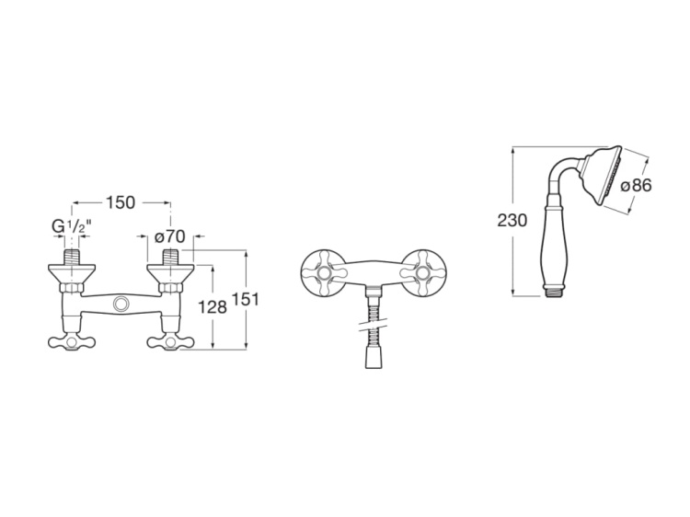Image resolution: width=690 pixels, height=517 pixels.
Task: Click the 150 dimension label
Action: [121, 202]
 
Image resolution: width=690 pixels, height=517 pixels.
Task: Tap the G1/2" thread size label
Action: [71, 227]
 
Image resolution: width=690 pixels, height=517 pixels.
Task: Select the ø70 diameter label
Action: [170, 237]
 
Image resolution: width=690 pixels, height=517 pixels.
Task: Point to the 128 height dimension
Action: [213, 307]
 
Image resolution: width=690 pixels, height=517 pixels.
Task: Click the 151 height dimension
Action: [245, 300]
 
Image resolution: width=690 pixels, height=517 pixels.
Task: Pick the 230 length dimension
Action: [512, 220]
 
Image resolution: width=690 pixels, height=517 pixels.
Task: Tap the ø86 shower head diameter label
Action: [636, 186]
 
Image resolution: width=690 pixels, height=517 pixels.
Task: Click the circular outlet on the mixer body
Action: [121, 304]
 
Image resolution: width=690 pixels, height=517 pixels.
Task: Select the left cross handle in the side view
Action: [72, 343]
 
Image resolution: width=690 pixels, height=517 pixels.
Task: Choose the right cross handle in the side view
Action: [171, 343]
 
